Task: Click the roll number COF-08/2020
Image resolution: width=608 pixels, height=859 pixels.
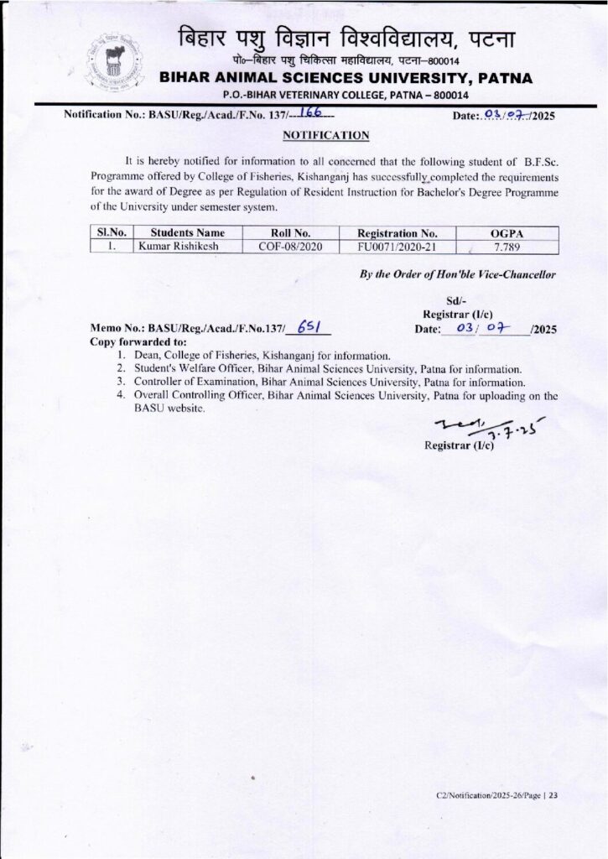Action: pyautogui.click(x=284, y=246)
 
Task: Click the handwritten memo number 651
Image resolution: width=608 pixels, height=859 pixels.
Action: pyautogui.click(x=305, y=330)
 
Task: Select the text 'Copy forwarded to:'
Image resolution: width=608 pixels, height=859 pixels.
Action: pyautogui.click(x=133, y=342)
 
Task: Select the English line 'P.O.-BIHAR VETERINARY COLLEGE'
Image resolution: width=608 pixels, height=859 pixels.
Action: pyautogui.click(x=345, y=96)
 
